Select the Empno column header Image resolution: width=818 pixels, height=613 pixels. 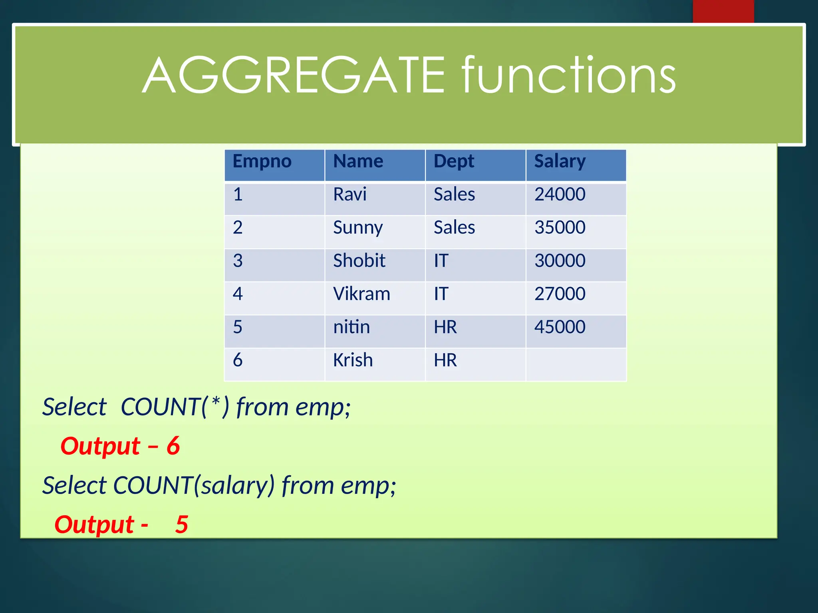(x=262, y=162)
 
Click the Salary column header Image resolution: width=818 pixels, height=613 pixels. (x=560, y=162)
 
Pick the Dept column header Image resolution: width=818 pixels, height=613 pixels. (x=454, y=162)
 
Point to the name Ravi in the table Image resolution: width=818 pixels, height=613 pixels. (x=350, y=195)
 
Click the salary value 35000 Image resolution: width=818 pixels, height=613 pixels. (x=560, y=228)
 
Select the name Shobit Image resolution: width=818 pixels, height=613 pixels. (x=359, y=261)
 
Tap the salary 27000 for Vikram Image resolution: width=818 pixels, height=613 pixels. (x=560, y=294)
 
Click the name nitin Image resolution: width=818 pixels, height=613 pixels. (x=351, y=327)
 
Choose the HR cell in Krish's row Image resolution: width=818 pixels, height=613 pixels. (x=445, y=360)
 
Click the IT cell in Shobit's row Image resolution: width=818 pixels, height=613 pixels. (x=441, y=261)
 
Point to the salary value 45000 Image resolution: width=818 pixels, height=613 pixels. (x=560, y=327)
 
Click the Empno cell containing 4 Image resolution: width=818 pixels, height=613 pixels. (x=238, y=294)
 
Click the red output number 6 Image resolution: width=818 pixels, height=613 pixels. (x=173, y=446)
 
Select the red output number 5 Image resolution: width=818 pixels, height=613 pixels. (x=182, y=524)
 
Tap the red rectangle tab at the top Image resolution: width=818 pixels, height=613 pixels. (x=723, y=11)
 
